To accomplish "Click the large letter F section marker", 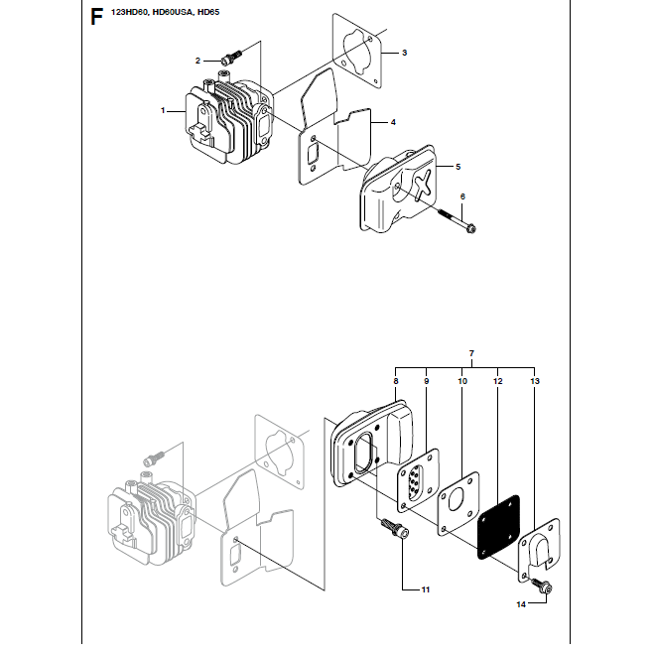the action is coord(96,17).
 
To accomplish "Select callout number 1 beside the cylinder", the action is coord(163,110).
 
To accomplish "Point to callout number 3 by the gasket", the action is coord(404,53).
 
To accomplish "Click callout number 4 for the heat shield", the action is coord(393,122).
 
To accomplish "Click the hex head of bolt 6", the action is coord(470,228).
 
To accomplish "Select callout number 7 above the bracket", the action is coord(471,353).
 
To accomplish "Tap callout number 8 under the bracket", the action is coord(396,381).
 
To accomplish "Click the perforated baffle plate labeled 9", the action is coord(418,480).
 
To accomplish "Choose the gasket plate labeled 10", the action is coord(458,504).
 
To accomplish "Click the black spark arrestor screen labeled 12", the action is coord(498,527).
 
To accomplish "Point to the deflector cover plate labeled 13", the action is coord(539,550).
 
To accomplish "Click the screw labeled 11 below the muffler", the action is coord(394,529).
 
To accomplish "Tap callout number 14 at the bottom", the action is coord(521,604).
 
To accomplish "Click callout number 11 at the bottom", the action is coord(425,589).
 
